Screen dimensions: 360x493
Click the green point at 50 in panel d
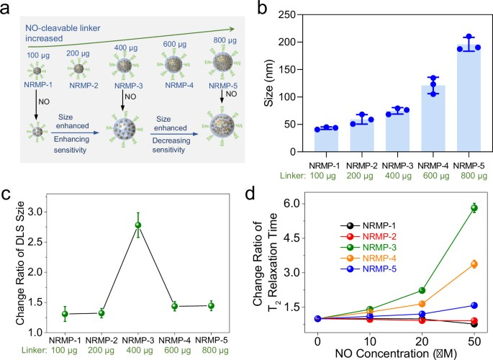tap(474, 208)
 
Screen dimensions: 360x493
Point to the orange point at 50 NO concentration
tap(474, 264)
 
